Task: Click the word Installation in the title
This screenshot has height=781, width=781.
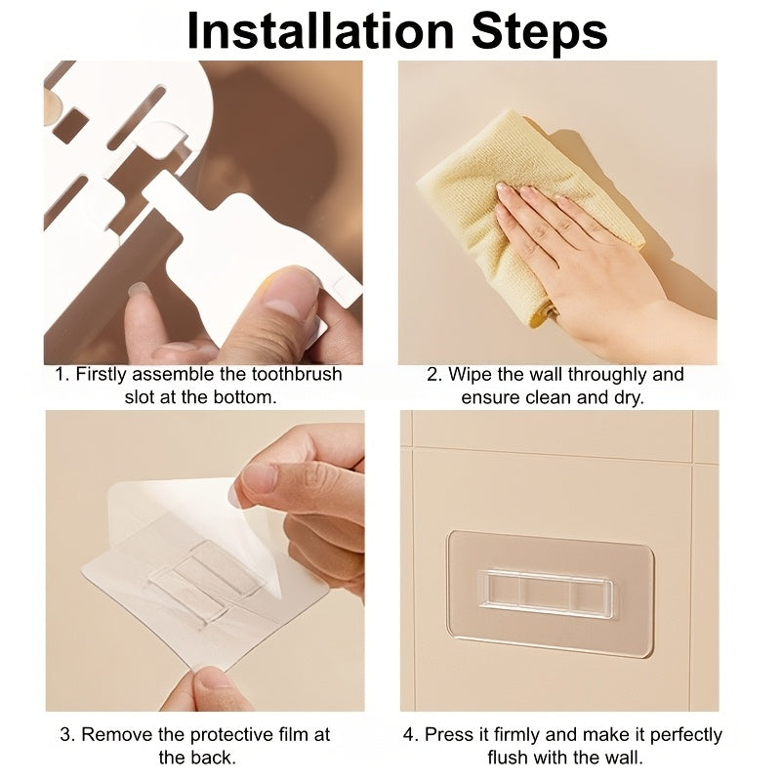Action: [x=321, y=31]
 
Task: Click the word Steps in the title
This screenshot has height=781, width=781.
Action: [x=540, y=31]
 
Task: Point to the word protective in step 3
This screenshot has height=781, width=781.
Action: [x=230, y=735]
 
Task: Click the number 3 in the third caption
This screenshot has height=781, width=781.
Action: [x=66, y=735]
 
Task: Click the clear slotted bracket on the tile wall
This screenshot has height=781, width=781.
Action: [x=546, y=595]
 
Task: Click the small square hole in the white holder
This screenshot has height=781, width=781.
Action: [x=69, y=125]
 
